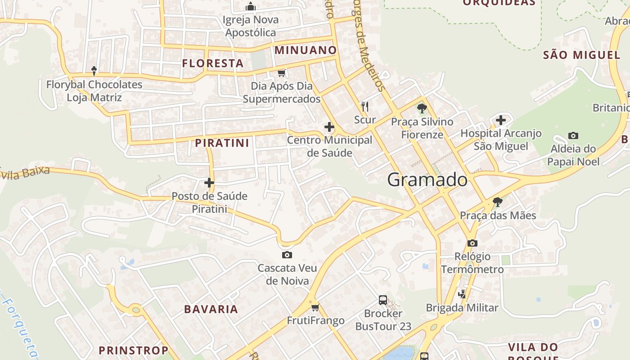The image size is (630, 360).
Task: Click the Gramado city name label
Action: click(427, 180)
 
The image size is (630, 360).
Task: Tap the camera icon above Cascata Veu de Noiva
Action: click(287, 255)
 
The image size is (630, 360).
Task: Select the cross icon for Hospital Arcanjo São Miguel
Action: click(500, 120)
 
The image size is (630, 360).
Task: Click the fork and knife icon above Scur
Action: click(364, 107)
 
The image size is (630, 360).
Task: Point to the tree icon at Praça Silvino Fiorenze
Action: click(422, 108)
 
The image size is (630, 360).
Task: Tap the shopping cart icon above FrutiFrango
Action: click(315, 308)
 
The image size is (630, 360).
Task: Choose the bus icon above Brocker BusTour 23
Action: click(383, 300)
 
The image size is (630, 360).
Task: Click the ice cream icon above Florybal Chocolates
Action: click(94, 71)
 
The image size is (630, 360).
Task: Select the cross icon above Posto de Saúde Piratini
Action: click(209, 183)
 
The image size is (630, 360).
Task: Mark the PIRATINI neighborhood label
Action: click(222, 143)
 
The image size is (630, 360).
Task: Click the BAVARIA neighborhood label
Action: click(211, 309)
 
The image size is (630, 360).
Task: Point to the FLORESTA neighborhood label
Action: click(213, 63)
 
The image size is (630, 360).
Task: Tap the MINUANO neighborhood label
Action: click(306, 50)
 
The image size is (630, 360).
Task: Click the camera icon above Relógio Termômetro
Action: click(472, 243)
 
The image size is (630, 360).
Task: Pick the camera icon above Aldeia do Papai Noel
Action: click(573, 135)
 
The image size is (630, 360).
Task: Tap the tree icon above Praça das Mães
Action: click(497, 202)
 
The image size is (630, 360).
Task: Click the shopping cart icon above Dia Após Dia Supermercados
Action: click(282, 73)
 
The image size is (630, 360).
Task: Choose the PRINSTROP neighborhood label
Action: click(133, 350)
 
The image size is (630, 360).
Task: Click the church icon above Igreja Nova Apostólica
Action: click(251, 6)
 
